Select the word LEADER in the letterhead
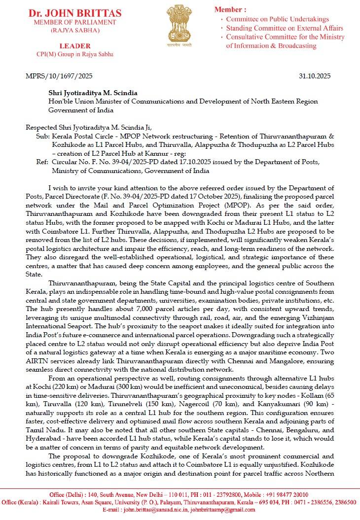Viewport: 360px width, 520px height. [x=74, y=46]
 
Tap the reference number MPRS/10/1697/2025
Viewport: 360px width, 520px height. [x=59, y=76]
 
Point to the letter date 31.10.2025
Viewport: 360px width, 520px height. [x=315, y=76]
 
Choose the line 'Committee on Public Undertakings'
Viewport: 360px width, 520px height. [x=278, y=19]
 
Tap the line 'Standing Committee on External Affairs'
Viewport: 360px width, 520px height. [x=284, y=28]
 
